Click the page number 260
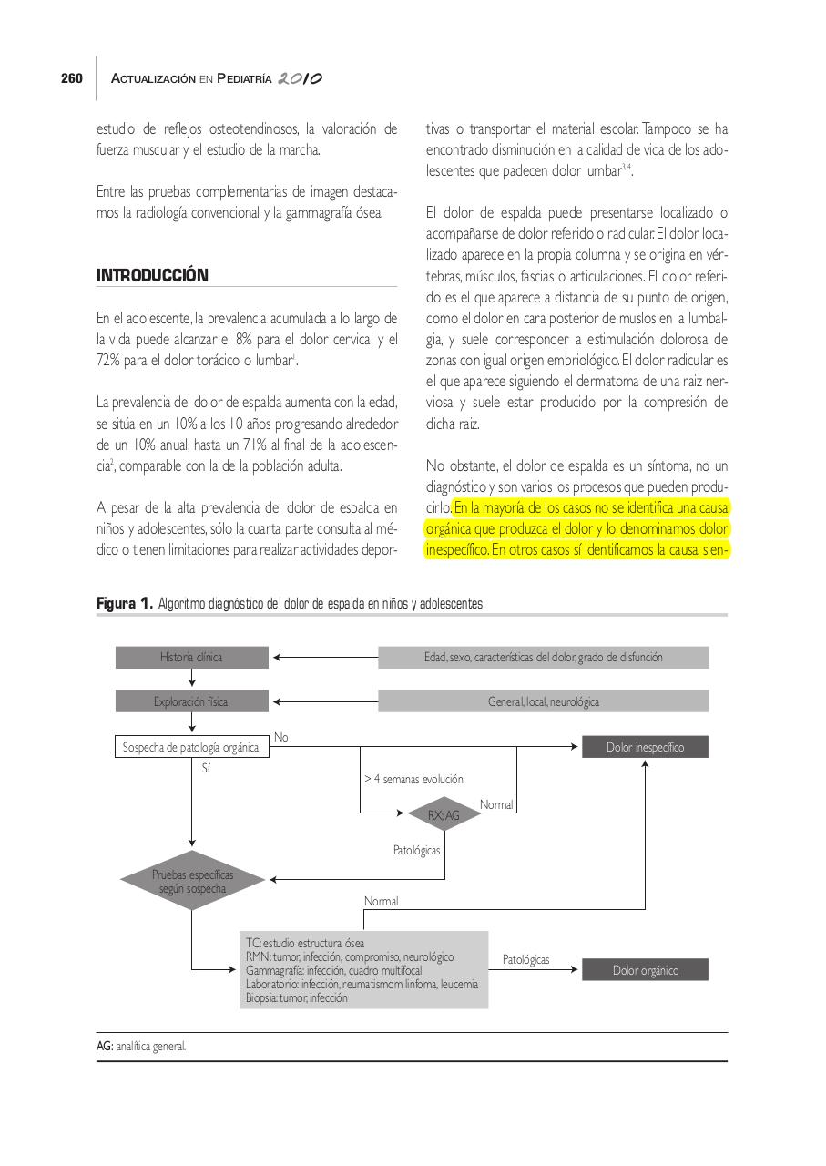pyautogui.click(x=72, y=79)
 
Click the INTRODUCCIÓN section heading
pyautogui.click(x=152, y=275)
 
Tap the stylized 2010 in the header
pyautogui.click(x=301, y=79)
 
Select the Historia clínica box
pyautogui.click(x=191, y=657)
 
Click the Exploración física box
pyautogui.click(x=191, y=701)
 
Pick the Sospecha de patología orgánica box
pyautogui.click(x=191, y=748)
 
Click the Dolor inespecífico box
pyautogui.click(x=645, y=748)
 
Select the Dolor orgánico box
pyautogui.click(x=645, y=970)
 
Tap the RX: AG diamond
pyautogui.click(x=444, y=815)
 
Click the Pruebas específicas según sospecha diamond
pyautogui.click(x=192, y=881)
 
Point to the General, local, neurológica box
pyautogui.click(x=543, y=701)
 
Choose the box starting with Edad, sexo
pyautogui.click(x=543, y=657)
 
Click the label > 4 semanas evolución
pyautogui.click(x=413, y=779)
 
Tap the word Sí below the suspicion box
pyautogui.click(x=206, y=769)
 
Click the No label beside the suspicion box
pyautogui.click(x=281, y=737)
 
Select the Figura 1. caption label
pyautogui.click(x=125, y=604)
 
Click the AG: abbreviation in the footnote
pyautogui.click(x=106, y=1047)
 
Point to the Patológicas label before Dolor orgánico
pyautogui.click(x=525, y=960)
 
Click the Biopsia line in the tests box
pyautogui.click(x=296, y=997)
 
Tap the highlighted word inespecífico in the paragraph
pyautogui.click(x=455, y=550)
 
